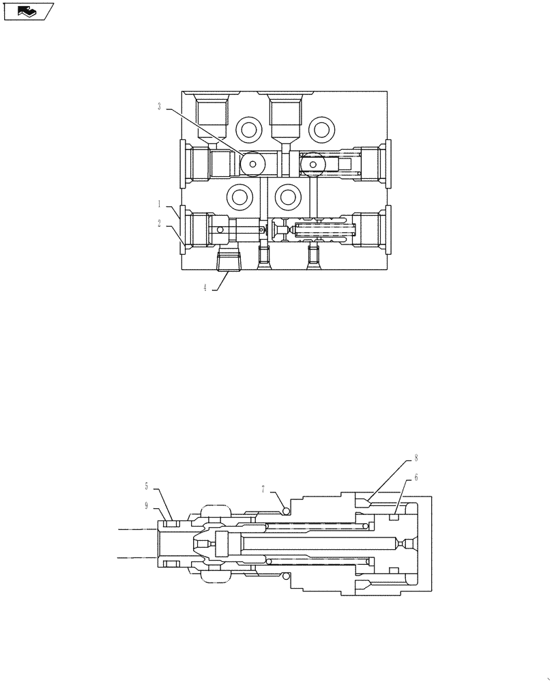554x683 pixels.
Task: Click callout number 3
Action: pyautogui.click(x=159, y=107)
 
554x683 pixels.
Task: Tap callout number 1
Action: pyautogui.click(x=159, y=204)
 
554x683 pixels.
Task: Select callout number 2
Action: pyautogui.click(x=159, y=223)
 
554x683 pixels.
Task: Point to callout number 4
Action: pyautogui.click(x=205, y=288)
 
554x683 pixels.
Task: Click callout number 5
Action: pyautogui.click(x=146, y=486)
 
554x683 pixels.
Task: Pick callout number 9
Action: pyautogui.click(x=146, y=506)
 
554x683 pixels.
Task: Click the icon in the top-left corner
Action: pyautogui.click(x=28, y=11)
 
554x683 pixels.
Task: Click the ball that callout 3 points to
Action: pyautogui.click(x=253, y=163)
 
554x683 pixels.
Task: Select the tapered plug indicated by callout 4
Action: pyautogui.click(x=228, y=260)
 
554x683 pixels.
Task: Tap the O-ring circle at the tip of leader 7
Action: pyautogui.click(x=286, y=512)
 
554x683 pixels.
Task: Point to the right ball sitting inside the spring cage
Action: pyautogui.click(x=314, y=164)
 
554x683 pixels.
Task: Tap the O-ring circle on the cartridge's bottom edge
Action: pyautogui.click(x=286, y=576)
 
